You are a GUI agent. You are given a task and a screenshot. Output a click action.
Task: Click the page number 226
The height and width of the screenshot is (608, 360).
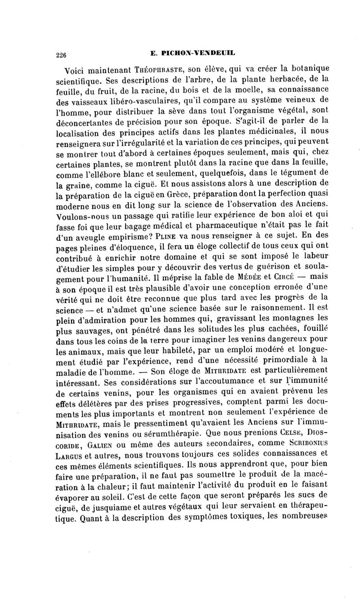coord(60,55)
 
